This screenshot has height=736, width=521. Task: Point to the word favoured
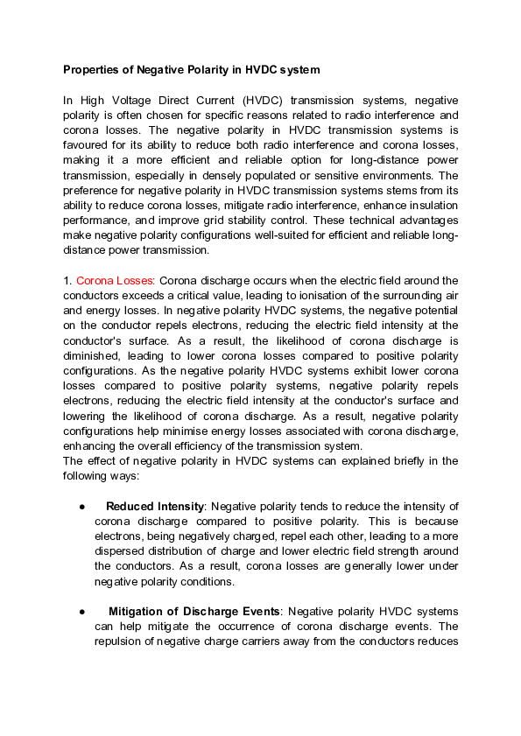click(x=87, y=145)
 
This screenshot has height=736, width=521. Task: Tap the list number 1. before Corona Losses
click(x=67, y=280)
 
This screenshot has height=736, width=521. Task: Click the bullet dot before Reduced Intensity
click(x=81, y=507)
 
